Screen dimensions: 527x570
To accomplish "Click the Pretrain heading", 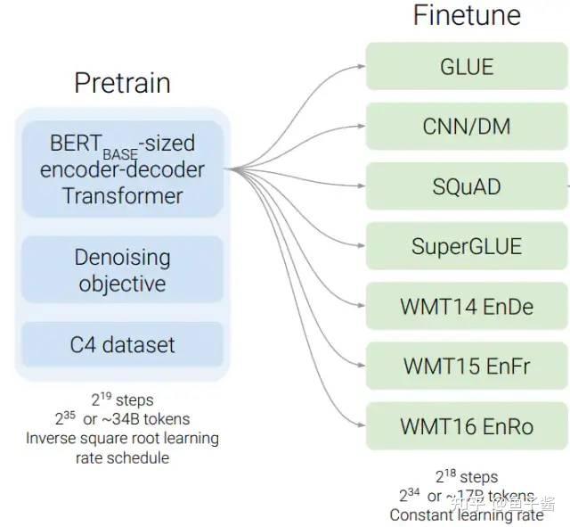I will [122, 83].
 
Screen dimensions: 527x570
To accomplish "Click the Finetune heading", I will [467, 15].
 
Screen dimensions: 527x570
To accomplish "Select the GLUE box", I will [467, 66].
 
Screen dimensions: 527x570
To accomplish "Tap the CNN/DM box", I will [467, 126].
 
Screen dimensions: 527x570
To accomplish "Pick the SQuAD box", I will [467, 186].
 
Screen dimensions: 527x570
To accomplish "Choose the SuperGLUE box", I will [467, 246].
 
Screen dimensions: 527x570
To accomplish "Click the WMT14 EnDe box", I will [467, 307].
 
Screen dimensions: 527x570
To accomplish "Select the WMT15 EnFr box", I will [467, 366].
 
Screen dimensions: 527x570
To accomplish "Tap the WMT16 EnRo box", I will [467, 426].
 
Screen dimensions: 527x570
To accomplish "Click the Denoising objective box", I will [122, 270].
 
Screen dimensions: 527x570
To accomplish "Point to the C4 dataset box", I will [122, 344].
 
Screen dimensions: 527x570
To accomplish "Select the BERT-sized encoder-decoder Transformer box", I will [122, 169].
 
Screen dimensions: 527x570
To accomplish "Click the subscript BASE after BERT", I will [119, 153].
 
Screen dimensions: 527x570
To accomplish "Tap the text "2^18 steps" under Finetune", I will [467, 477].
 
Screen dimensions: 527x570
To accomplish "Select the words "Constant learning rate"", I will [467, 515].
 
